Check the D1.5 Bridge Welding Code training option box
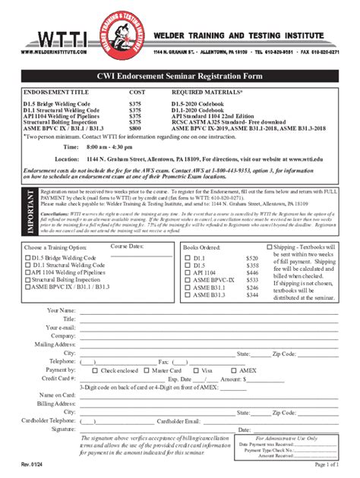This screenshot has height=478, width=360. click(28, 259)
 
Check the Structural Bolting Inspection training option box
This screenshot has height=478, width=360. click(28, 281)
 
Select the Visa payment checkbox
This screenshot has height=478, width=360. click(196, 370)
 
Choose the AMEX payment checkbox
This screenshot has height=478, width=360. click(235, 370)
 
